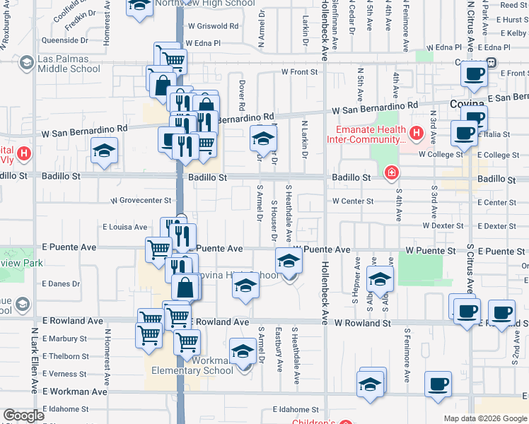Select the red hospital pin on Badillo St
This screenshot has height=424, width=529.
pos(391,172)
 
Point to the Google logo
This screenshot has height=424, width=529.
pos(23,416)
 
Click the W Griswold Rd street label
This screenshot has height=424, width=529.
pos(214,26)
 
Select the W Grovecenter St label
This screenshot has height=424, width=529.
pos(141,201)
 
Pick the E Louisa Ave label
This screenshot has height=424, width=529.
pos(125,227)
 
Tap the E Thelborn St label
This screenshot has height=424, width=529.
pos(65,356)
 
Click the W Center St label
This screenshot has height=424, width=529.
pos(354,201)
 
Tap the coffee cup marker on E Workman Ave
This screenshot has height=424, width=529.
pos(438,384)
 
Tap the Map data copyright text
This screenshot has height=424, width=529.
pos(484,418)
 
